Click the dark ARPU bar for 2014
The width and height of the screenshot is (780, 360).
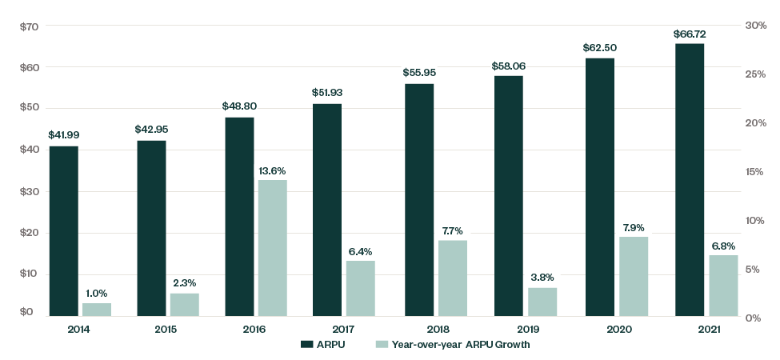click(63, 231)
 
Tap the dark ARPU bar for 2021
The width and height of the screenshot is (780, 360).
click(690, 180)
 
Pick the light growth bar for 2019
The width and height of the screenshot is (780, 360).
click(542, 302)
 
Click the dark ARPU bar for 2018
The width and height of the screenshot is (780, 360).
click(419, 200)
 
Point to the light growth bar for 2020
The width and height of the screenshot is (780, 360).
click(633, 276)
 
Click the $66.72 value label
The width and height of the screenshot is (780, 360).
click(690, 34)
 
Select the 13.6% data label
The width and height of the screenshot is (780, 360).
click(272, 170)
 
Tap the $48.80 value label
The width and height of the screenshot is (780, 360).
click(239, 106)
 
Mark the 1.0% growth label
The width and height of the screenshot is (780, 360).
click(96, 294)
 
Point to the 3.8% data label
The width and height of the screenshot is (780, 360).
click(542, 278)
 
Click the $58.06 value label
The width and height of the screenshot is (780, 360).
click(509, 66)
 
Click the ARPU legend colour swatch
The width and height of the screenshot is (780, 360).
click(306, 345)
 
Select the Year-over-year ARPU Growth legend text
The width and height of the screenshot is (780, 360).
click(464, 345)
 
